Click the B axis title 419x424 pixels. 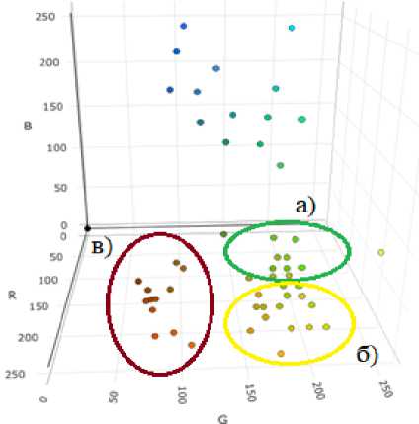pyautogui.click(x=28, y=126)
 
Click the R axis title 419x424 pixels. pyautogui.click(x=13, y=295)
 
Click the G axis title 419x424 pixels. pyautogui.click(x=223, y=419)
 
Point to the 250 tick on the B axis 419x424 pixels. pyautogui.click(x=45, y=17)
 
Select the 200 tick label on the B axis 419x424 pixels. pyautogui.click(x=49, y=62)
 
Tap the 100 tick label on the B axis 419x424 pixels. pyautogui.click(x=56, y=148)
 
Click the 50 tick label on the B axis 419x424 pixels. pyautogui.click(x=60, y=188)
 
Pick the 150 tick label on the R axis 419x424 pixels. pyautogui.click(x=39, y=306)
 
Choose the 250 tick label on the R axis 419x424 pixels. pyautogui.click(x=15, y=375)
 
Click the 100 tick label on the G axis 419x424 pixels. pyautogui.click(x=182, y=395)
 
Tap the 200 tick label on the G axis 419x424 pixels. pyautogui.click(x=318, y=390)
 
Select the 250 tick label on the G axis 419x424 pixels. pyautogui.click(x=386, y=388)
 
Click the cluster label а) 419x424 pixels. pyautogui.click(x=306, y=207)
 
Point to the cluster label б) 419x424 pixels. pyautogui.click(x=368, y=356)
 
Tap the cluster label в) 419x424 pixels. pyautogui.click(x=102, y=247)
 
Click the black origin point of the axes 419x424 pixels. pyautogui.click(x=87, y=228)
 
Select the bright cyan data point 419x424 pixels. pyautogui.click(x=292, y=28)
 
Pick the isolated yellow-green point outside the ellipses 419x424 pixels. pyautogui.click(x=381, y=253)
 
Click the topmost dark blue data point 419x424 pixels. pyautogui.click(x=184, y=26)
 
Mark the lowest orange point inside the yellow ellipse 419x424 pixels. pyautogui.click(x=281, y=354)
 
